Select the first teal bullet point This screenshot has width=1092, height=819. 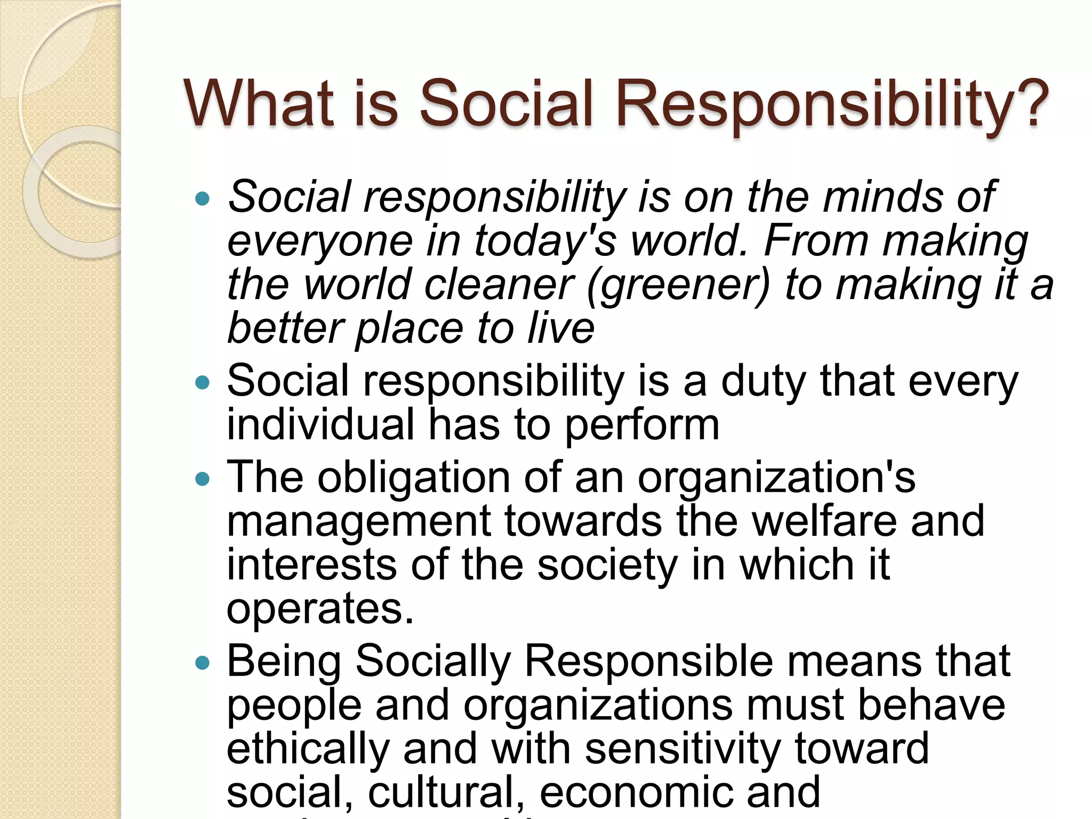click(x=203, y=200)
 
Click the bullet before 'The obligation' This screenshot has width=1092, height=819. click(x=203, y=479)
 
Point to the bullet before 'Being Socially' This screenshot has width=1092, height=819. click(x=203, y=663)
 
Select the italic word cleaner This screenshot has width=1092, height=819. click(x=499, y=285)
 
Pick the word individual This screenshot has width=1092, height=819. click(x=320, y=425)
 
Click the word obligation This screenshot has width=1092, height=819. click(x=414, y=478)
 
